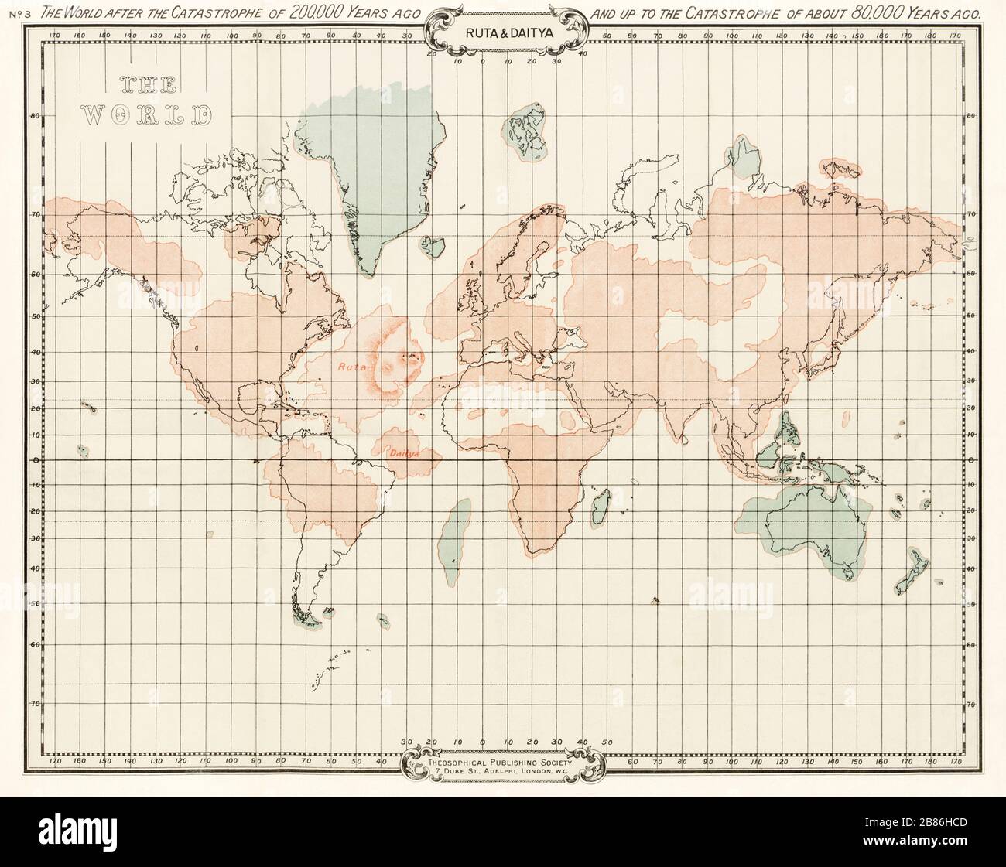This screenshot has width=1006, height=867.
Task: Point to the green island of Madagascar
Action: pos(598,507)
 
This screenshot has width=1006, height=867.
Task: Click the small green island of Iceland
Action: pos(433,245)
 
